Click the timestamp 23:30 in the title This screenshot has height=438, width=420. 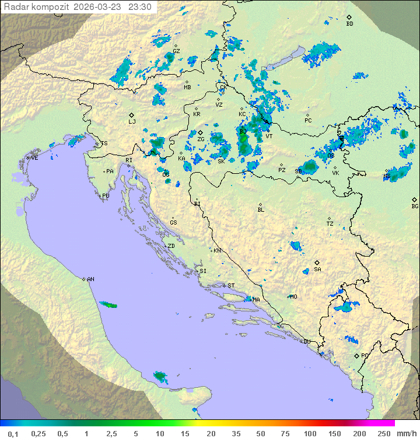tap(140, 7)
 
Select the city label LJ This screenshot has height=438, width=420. tap(132, 121)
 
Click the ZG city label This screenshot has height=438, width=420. tap(201, 139)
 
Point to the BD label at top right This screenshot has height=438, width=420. tap(349, 24)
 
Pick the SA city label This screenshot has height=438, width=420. tap(317, 269)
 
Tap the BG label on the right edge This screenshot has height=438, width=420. tap(415, 206)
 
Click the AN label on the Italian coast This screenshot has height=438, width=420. tap(90, 279)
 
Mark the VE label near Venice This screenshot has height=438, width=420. tap(34, 158)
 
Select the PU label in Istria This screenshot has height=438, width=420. tap(106, 196)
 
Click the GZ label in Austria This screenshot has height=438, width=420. tap(176, 51)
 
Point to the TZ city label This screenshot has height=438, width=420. tap(330, 223)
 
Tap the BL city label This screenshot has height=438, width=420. tap(261, 209)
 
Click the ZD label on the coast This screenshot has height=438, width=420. tap(171, 246)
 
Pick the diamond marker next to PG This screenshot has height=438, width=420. tap(356, 355)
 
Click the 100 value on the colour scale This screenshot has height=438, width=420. tap(310, 433)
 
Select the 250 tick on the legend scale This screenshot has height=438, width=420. tap(383, 433)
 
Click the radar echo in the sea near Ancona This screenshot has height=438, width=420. tap(108, 304)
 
